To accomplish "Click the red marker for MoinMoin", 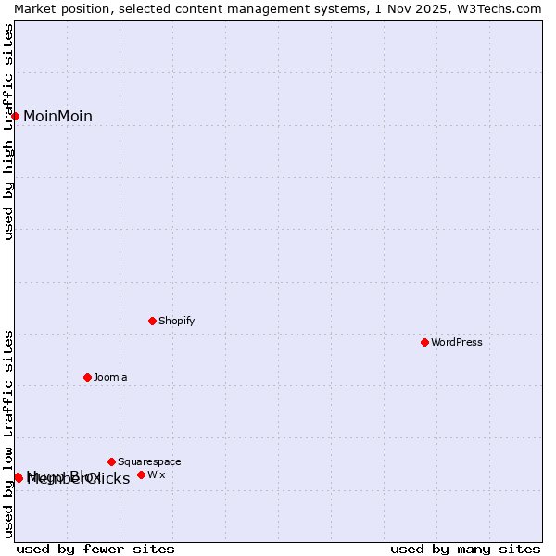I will pyautogui.click(x=16, y=116).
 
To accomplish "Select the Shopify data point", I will pyautogui.click(x=152, y=321).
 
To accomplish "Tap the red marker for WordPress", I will pyautogui.click(x=424, y=342).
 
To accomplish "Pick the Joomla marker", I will pyautogui.click(x=87, y=377).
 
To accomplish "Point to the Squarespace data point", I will pyautogui.click(x=111, y=461).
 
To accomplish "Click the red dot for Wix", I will pyautogui.click(x=141, y=474).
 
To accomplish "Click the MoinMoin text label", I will pyautogui.click(x=57, y=117).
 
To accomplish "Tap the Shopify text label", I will pyautogui.click(x=176, y=322).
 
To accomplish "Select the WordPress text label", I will pyautogui.click(x=457, y=343).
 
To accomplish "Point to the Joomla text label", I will pyautogui.click(x=110, y=378).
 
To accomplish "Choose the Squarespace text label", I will pyautogui.click(x=149, y=462).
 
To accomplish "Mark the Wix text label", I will pyautogui.click(x=157, y=475).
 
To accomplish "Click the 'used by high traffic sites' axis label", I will pyautogui.click(x=8, y=132).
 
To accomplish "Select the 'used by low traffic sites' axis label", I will pyautogui.click(x=8, y=434).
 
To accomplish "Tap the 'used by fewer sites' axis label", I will pyautogui.click(x=95, y=549).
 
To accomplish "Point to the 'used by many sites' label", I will pyautogui.click(x=465, y=549).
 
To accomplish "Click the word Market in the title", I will pyautogui.click(x=35, y=8).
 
